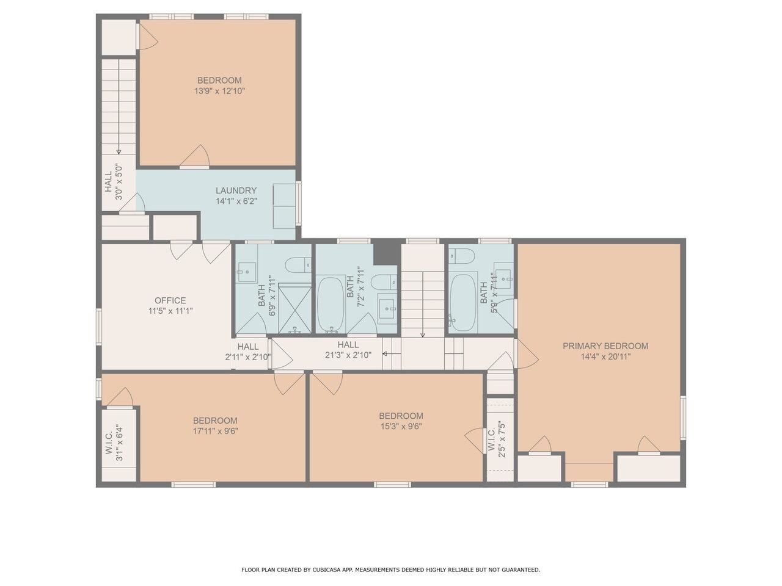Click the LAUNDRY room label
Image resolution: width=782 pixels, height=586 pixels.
coord(236,190)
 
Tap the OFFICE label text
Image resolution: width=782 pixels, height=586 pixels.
coord(170,300)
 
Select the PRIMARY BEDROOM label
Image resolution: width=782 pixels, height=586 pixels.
coord(605,345)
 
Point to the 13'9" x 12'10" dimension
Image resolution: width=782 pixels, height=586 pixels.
coord(219,91)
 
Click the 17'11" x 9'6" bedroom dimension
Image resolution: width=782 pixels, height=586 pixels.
coord(215,431)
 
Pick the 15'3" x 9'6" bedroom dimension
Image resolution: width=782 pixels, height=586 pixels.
coord(401,426)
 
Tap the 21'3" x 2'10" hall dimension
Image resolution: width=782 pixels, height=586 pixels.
coord(348,355)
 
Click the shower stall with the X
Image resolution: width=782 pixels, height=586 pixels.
coord(294,308)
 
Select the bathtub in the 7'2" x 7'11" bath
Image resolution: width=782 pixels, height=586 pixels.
coord(331,305)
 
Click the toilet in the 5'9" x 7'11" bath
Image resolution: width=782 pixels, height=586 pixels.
coord(461,256)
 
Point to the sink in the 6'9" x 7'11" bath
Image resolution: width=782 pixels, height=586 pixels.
coord(247,272)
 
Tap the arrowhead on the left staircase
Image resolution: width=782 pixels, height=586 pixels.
coord(119,152)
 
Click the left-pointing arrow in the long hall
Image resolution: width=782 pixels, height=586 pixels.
coord(391,353)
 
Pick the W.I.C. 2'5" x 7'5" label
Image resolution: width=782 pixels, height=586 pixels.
coord(496,440)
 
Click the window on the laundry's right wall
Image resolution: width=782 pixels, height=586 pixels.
coord(299,203)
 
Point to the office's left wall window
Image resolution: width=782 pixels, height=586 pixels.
coord(99,327)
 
